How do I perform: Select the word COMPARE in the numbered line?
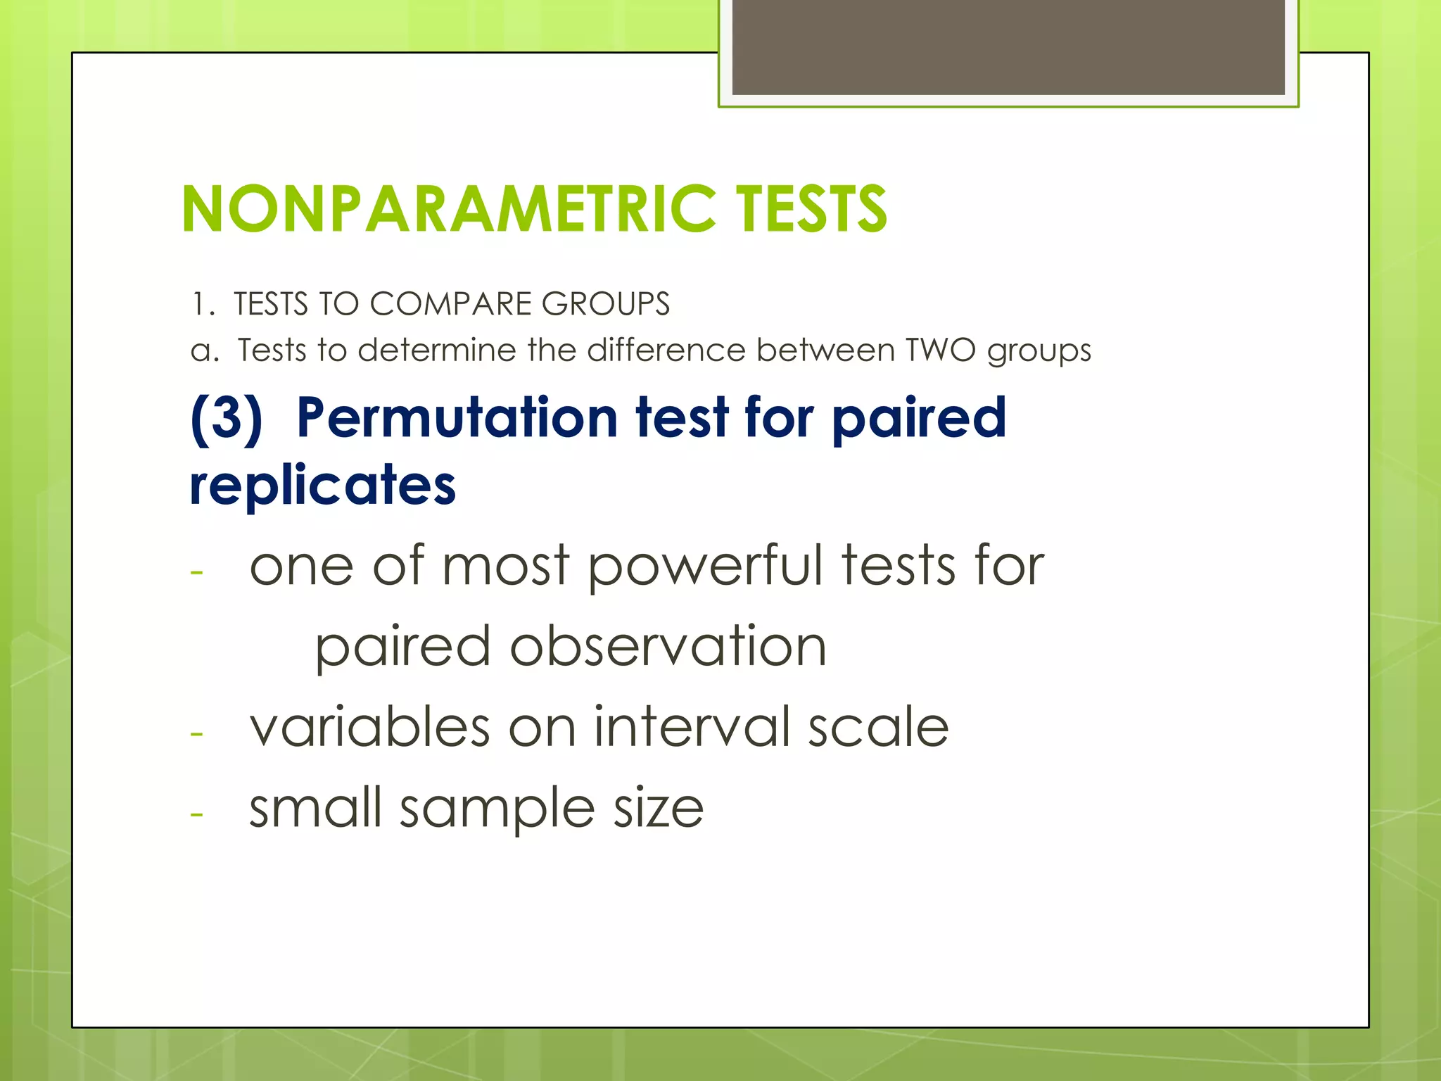[x=450, y=304]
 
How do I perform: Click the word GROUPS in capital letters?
[x=605, y=304]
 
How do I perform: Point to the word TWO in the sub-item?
[x=940, y=350]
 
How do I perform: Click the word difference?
[x=666, y=350]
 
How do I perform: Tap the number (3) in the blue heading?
[x=227, y=418]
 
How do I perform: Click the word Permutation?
[x=457, y=418]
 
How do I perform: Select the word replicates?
[x=323, y=486]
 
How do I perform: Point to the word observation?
[x=668, y=647]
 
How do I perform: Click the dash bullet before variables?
[x=196, y=733]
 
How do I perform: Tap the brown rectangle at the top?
[x=1008, y=47]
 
